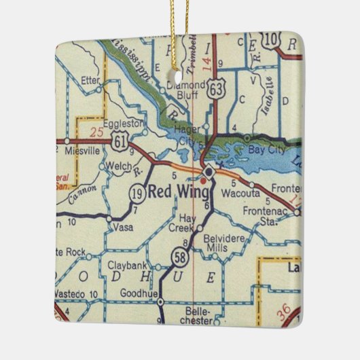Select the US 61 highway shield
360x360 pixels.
click(121, 141)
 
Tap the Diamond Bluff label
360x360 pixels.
click(185, 90)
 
